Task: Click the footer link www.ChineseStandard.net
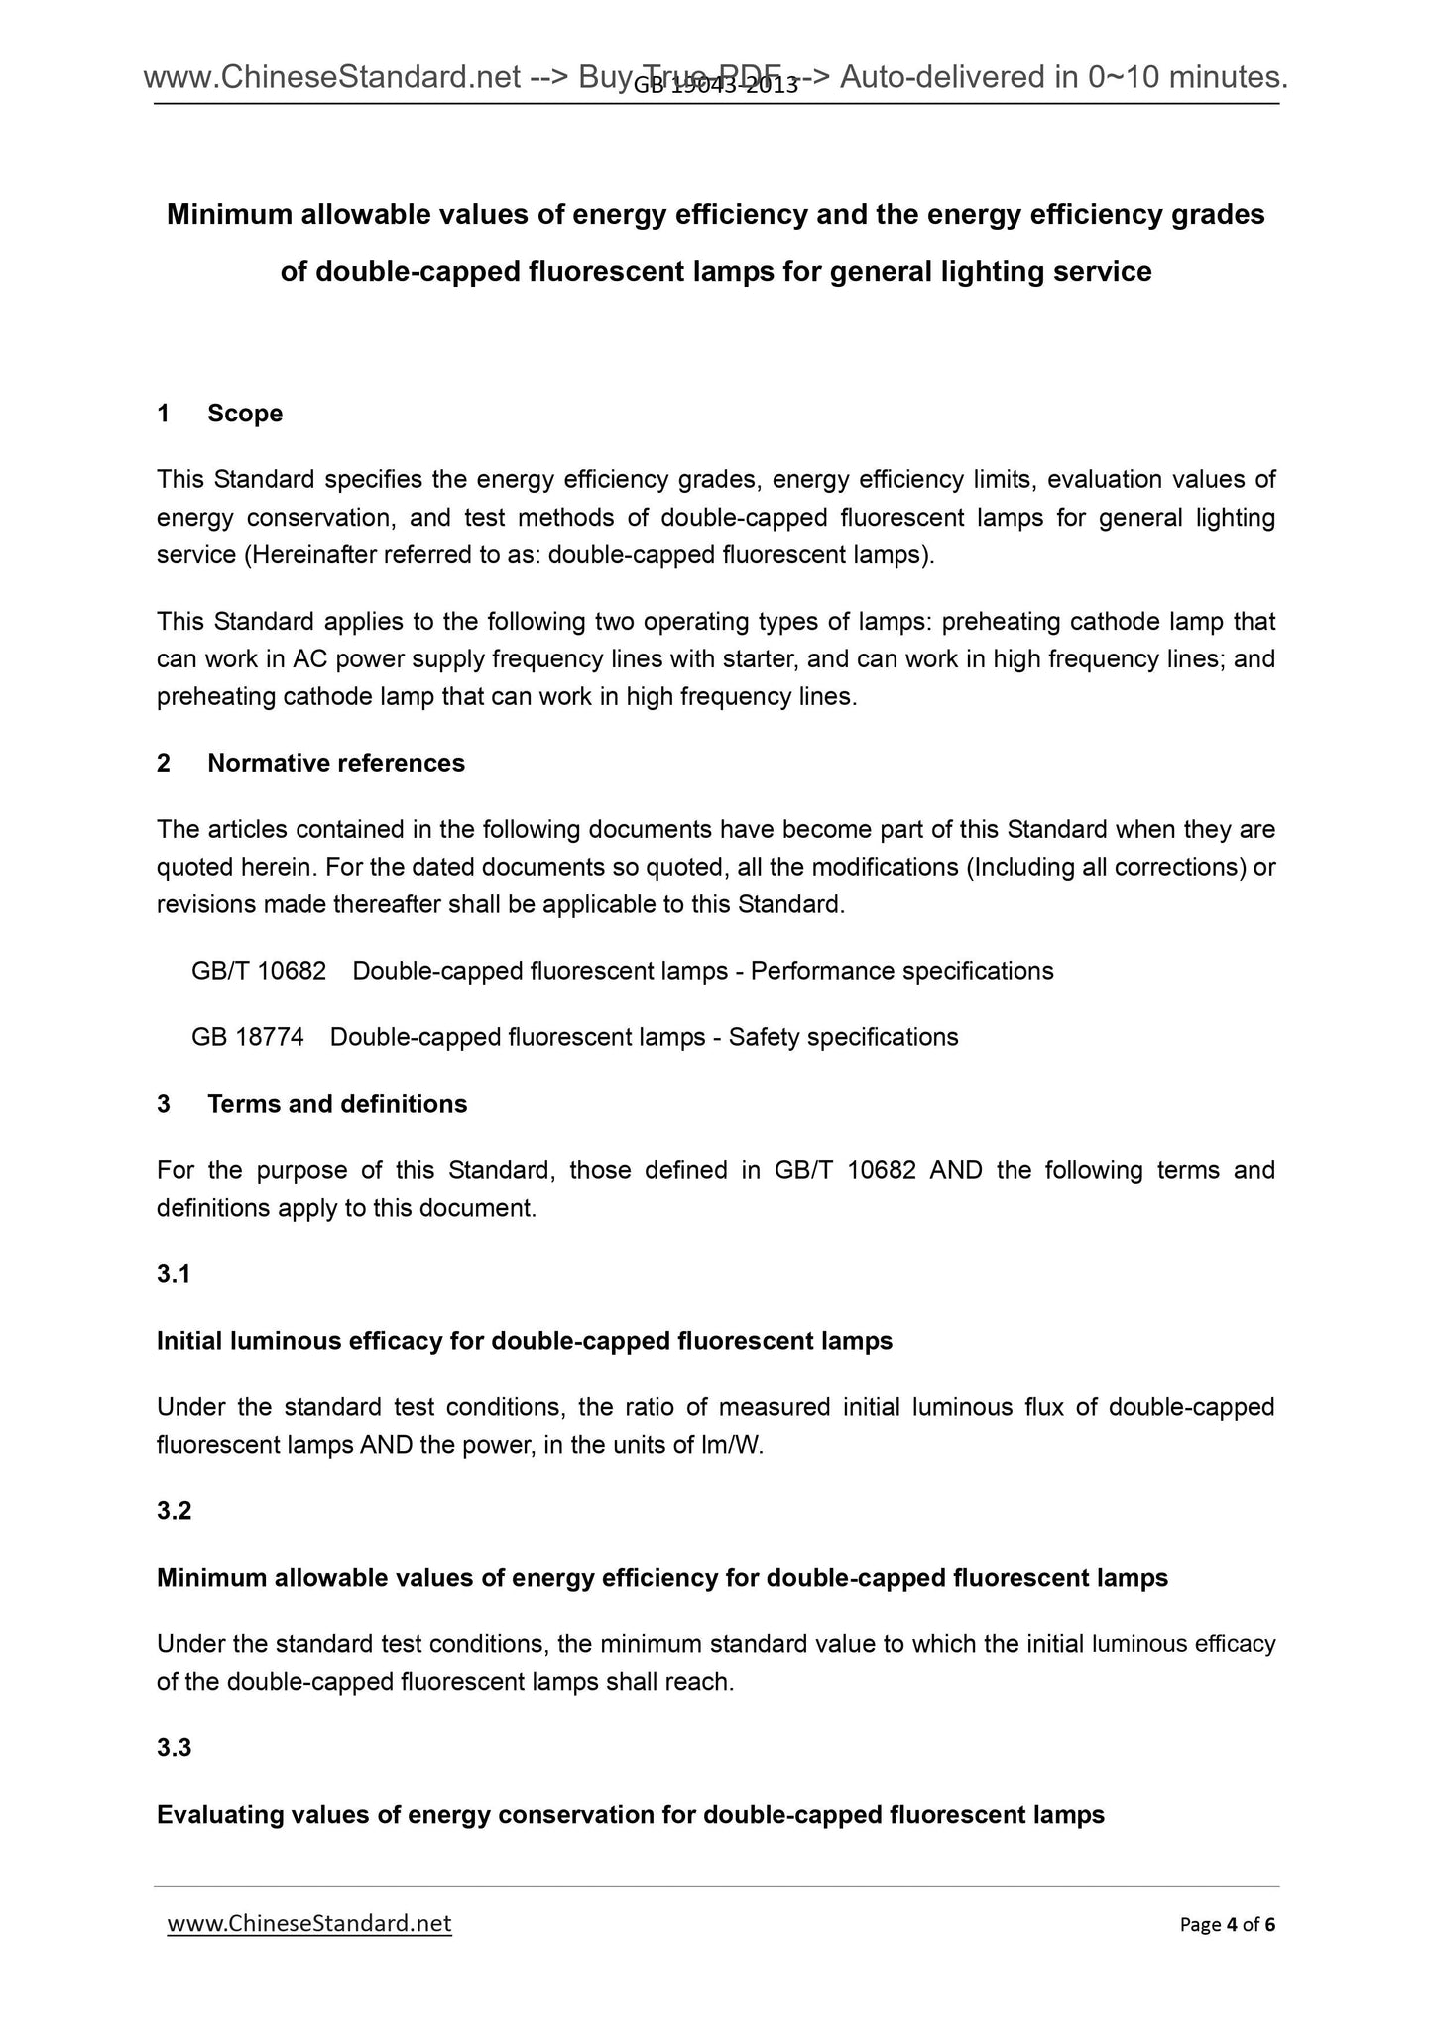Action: [309, 1924]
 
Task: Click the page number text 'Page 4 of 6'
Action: [1227, 1925]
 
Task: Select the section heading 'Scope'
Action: [245, 414]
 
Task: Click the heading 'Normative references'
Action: [336, 763]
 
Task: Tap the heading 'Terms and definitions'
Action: [337, 1104]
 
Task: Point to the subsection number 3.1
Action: [174, 1274]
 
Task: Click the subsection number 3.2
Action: [174, 1511]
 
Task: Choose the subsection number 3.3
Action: [174, 1748]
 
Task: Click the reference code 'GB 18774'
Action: [248, 1037]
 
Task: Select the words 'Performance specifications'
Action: [901, 971]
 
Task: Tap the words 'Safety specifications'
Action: [843, 1037]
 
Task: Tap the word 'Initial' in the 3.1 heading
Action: [189, 1341]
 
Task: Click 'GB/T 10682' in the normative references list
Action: [259, 971]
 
